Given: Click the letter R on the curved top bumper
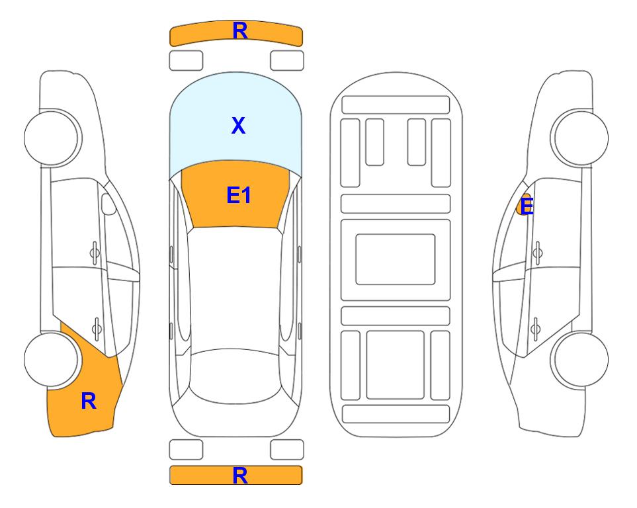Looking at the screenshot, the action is (239, 31).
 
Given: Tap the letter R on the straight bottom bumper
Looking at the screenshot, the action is (239, 476).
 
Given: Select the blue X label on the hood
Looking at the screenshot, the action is (238, 125).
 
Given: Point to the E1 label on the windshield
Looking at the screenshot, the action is (239, 195).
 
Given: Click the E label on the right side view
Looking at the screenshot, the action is (527, 206).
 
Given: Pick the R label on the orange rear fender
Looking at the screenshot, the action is (89, 401).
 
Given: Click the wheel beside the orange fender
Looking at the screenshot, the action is (51, 359).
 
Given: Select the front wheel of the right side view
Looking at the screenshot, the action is (581, 138).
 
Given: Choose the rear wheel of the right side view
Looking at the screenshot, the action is (581, 359).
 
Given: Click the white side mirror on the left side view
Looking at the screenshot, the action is (108, 204).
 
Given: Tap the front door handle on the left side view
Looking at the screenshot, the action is (95, 253).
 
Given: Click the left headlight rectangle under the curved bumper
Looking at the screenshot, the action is (186, 61).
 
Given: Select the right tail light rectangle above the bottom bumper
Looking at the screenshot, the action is (287, 450).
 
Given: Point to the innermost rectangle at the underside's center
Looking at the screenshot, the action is (396, 259).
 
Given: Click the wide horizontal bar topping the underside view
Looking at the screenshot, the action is (396, 105).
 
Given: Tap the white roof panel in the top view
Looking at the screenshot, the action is (235, 288).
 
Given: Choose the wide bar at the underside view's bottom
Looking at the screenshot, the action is (396, 413).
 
